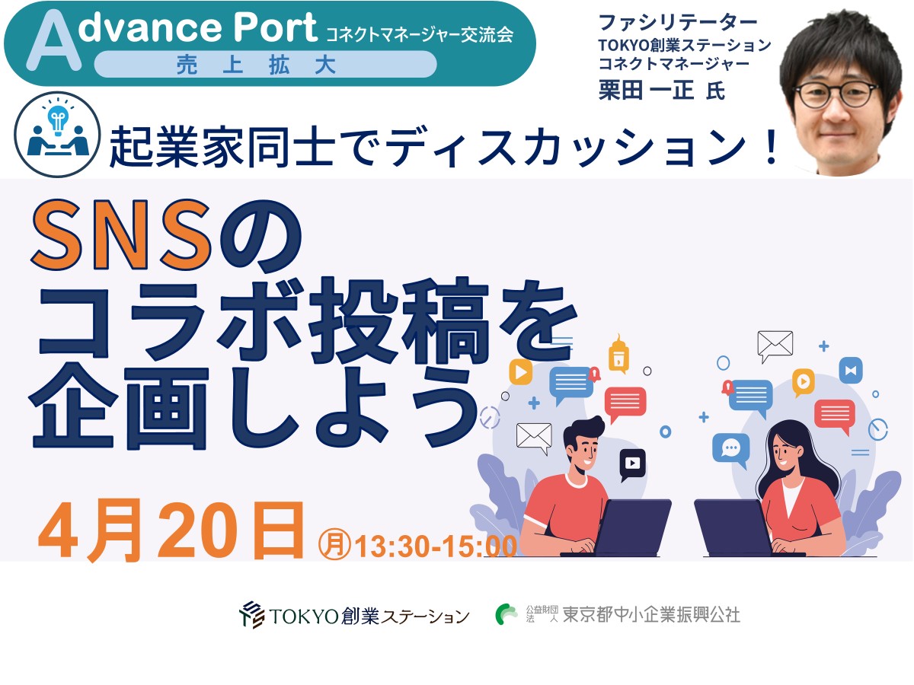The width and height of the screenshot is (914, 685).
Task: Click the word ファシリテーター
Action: click(677, 23)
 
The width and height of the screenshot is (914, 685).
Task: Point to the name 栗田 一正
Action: click(646, 91)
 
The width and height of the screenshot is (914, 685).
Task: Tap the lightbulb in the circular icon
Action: click(57, 119)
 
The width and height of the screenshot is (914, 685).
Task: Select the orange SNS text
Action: click(121, 235)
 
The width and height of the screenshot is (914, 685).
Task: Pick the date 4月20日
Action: click(171, 531)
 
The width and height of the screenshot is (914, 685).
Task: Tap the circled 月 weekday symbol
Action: click(334, 544)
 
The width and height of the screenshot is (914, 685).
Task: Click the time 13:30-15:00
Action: click(436, 546)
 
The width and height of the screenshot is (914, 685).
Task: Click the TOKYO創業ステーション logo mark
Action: click(251, 614)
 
